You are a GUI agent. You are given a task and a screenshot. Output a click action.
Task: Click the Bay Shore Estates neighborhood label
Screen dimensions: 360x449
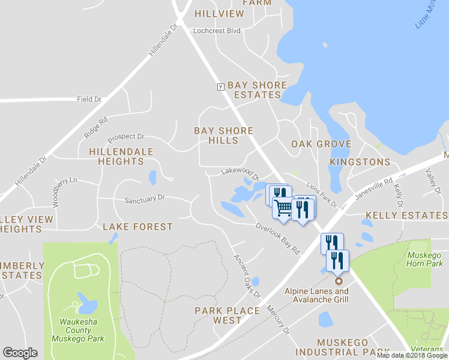[257, 90]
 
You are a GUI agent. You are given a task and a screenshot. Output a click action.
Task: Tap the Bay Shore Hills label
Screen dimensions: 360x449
[223, 136]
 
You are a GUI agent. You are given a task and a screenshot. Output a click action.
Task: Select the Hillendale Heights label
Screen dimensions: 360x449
[121, 157]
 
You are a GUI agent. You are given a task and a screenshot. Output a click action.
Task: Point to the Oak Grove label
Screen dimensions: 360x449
[321, 144]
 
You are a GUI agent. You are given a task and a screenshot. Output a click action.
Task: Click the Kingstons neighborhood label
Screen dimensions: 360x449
[360, 162]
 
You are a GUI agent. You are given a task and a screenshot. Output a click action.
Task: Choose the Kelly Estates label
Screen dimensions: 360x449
[407, 215]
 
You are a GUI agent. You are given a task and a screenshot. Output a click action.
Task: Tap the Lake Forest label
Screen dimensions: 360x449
[137, 227]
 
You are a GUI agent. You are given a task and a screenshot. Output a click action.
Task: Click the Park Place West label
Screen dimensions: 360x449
[227, 315]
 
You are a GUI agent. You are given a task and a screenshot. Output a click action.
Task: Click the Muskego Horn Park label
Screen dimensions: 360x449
[424, 259]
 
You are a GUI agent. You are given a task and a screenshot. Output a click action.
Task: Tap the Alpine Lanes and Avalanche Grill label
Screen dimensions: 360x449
[316, 295]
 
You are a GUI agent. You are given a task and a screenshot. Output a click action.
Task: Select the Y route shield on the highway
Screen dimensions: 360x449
[220, 86]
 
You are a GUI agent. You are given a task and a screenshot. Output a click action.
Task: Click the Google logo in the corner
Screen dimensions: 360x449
[20, 353]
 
